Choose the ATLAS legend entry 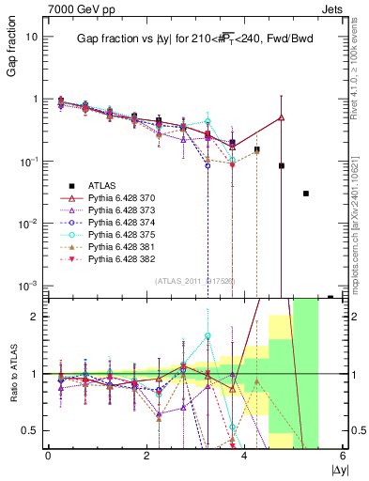[103, 185]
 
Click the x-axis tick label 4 [245, 456]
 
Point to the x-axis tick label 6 [344, 456]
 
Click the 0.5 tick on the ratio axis [34, 431]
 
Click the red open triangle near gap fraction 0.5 [281, 118]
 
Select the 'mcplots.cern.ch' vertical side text [361, 235]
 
